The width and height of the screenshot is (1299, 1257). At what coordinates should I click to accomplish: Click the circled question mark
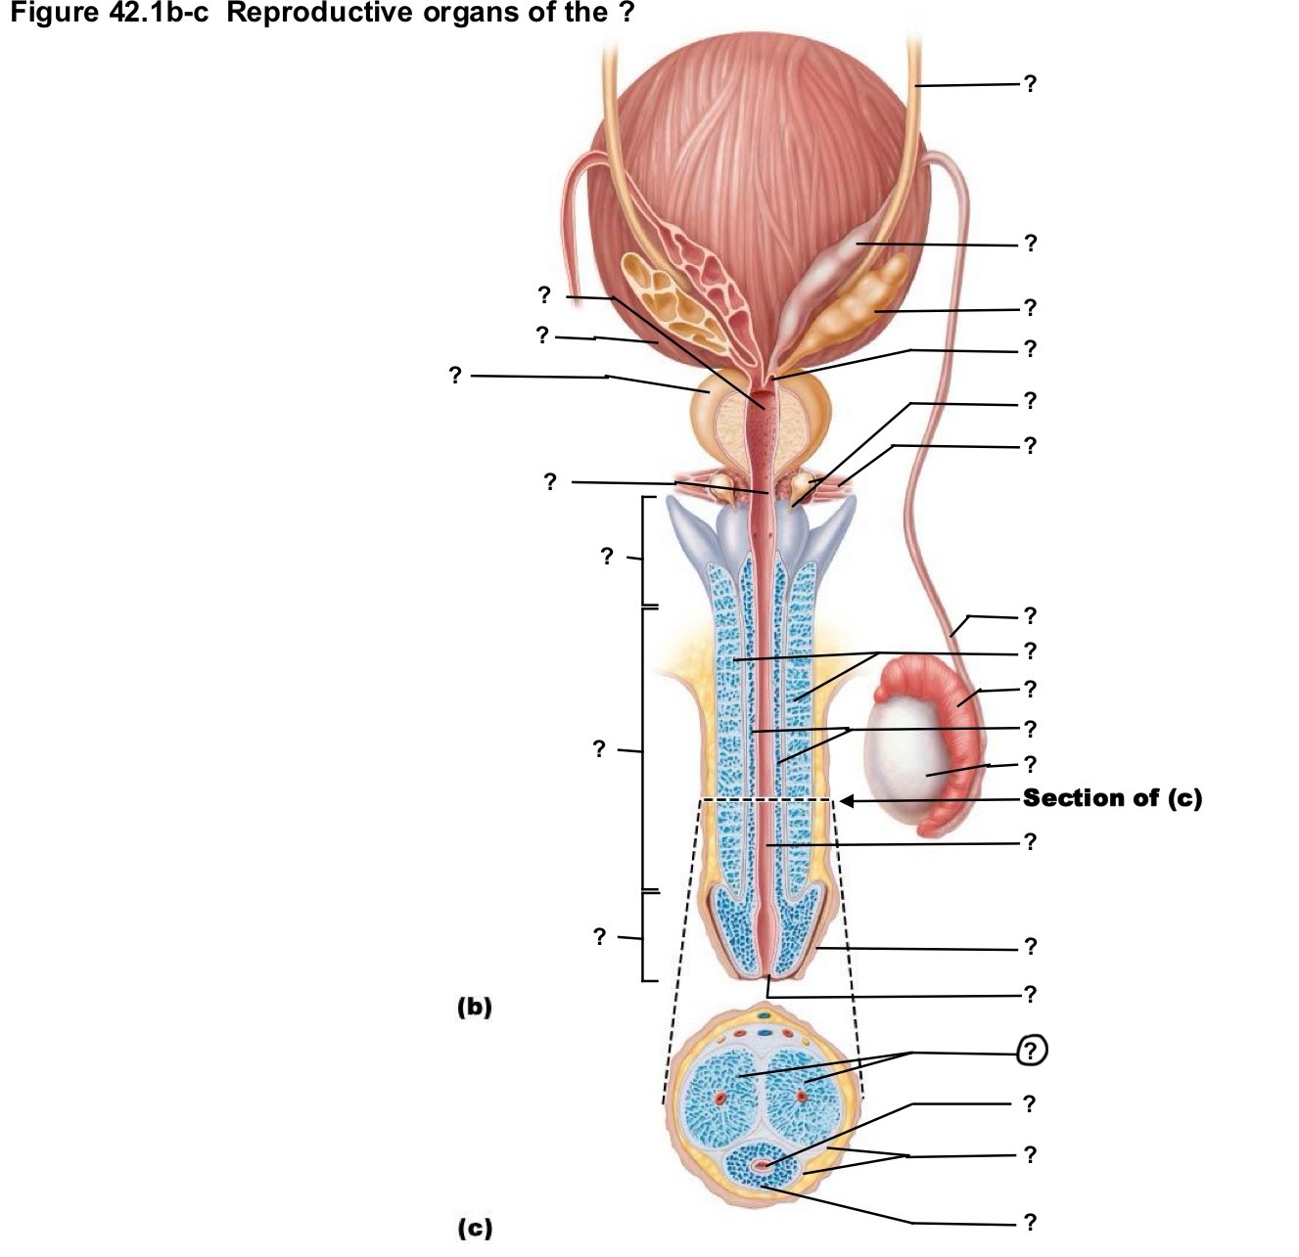(1031, 1051)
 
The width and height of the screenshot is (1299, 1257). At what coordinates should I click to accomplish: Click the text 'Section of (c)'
(1111, 798)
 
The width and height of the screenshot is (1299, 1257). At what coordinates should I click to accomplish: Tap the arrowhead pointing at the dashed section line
(847, 800)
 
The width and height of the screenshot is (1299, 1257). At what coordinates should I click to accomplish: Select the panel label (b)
(474, 1007)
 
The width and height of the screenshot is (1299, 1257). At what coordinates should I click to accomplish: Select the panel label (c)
(475, 1228)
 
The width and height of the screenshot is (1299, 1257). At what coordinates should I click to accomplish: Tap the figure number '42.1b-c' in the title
(157, 12)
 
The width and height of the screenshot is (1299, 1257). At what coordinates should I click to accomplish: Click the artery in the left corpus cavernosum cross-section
(719, 1098)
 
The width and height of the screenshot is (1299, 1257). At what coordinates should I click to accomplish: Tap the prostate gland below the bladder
(761, 427)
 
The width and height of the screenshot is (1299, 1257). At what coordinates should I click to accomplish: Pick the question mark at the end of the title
(625, 12)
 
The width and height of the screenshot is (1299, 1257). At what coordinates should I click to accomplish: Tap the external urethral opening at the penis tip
(767, 975)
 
